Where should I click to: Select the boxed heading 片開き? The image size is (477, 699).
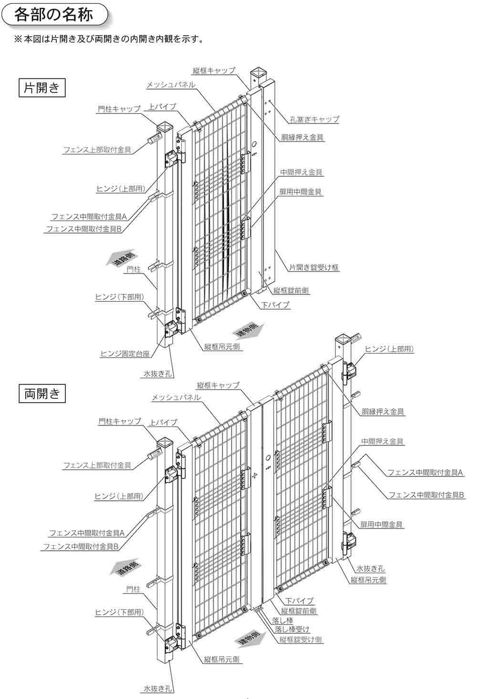pyautogui.click(x=42, y=88)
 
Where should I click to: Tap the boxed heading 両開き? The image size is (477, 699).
pyautogui.click(x=42, y=394)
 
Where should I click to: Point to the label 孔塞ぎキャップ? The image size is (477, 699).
pyautogui.click(x=314, y=119)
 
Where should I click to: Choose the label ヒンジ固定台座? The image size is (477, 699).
pyautogui.click(x=125, y=354)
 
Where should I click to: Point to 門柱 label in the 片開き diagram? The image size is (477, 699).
pyautogui.click(x=134, y=270)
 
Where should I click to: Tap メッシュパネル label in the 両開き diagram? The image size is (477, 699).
pyautogui.click(x=176, y=397)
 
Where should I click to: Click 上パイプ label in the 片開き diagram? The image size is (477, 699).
pyautogui.click(x=163, y=106)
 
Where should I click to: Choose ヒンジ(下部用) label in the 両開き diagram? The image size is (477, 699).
pyautogui.click(x=119, y=612)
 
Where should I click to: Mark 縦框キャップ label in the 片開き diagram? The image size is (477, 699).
pyautogui.click(x=214, y=71)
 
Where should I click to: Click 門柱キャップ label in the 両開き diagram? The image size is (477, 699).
pyautogui.click(x=120, y=422)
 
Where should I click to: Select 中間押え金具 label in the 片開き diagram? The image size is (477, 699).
pyautogui.click(x=301, y=172)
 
